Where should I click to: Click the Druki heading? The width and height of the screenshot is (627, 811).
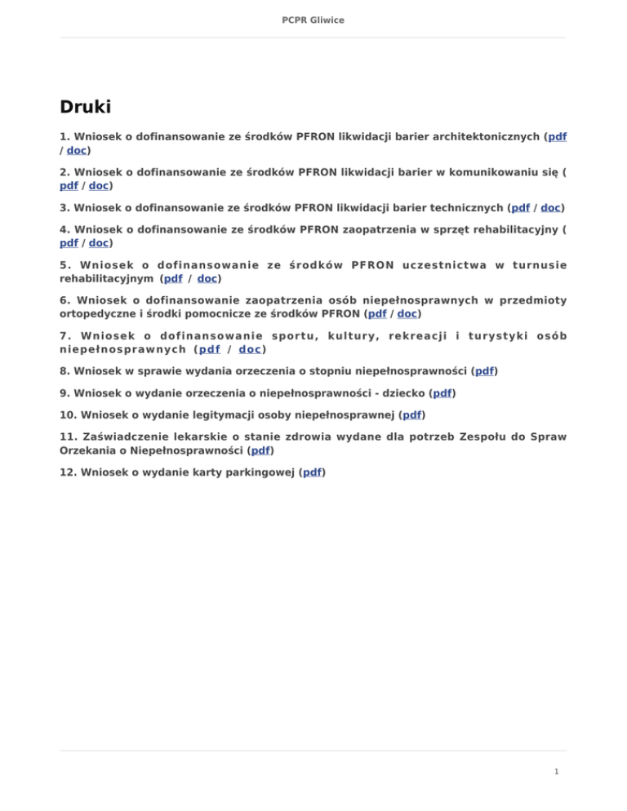86,107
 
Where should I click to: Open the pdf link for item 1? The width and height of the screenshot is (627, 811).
558,137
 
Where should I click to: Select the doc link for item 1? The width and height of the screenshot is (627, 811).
77,150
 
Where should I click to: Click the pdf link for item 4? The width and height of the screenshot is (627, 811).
69,243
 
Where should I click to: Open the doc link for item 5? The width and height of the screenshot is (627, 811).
207,278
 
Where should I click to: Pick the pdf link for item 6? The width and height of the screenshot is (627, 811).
378,312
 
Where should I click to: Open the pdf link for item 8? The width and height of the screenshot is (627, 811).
485,370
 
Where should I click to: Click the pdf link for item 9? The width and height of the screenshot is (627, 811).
442,392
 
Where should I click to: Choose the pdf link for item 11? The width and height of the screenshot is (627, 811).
261,450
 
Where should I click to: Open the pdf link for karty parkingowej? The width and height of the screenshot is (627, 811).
313,472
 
